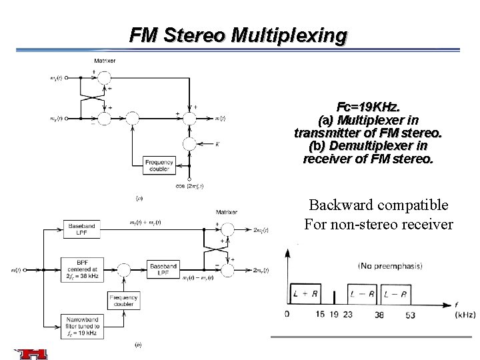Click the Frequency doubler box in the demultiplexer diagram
tap(123, 300)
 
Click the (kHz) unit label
tap(465, 314)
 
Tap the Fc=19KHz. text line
tap(369, 107)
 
